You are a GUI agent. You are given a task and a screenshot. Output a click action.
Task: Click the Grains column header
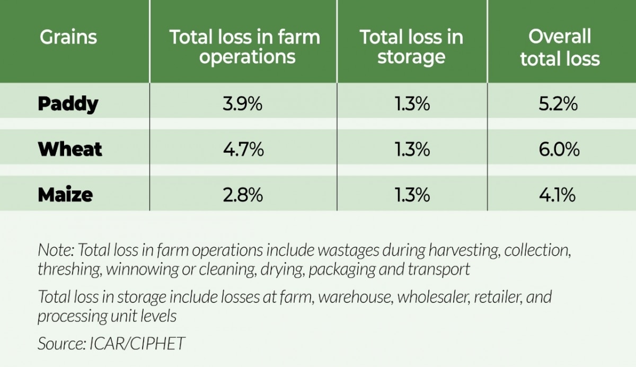pos(68,37)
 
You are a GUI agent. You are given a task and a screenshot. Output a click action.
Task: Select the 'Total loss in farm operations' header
pos(244,47)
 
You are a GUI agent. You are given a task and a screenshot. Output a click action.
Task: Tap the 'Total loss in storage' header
pos(411,47)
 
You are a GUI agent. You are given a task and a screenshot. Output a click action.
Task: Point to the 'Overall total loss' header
pos(560,47)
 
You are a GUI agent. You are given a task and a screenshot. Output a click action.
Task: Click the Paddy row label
pos(68,104)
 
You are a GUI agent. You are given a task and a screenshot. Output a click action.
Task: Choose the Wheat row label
pos(70,150)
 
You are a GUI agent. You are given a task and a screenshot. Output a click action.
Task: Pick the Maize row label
pos(65,195)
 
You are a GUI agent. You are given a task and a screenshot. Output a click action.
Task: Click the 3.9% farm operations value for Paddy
pos(243,104)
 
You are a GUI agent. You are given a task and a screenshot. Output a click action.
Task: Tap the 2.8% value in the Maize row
pos(243,195)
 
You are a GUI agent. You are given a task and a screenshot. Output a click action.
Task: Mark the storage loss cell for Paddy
pos(411,104)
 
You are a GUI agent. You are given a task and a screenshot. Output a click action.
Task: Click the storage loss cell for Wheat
pos(411,150)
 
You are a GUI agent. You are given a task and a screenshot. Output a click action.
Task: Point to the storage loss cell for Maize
pos(411,195)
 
